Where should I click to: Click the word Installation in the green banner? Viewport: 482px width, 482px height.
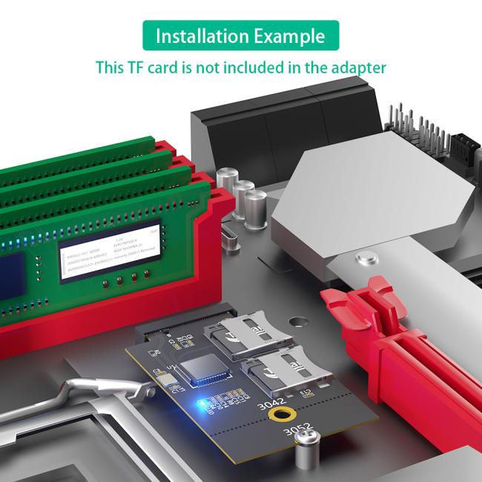[x=200, y=36]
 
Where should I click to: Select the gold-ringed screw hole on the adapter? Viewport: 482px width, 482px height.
[x=280, y=417]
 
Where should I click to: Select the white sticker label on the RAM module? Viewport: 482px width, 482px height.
[x=110, y=248]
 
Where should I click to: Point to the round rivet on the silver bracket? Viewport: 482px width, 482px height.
[x=363, y=259]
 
